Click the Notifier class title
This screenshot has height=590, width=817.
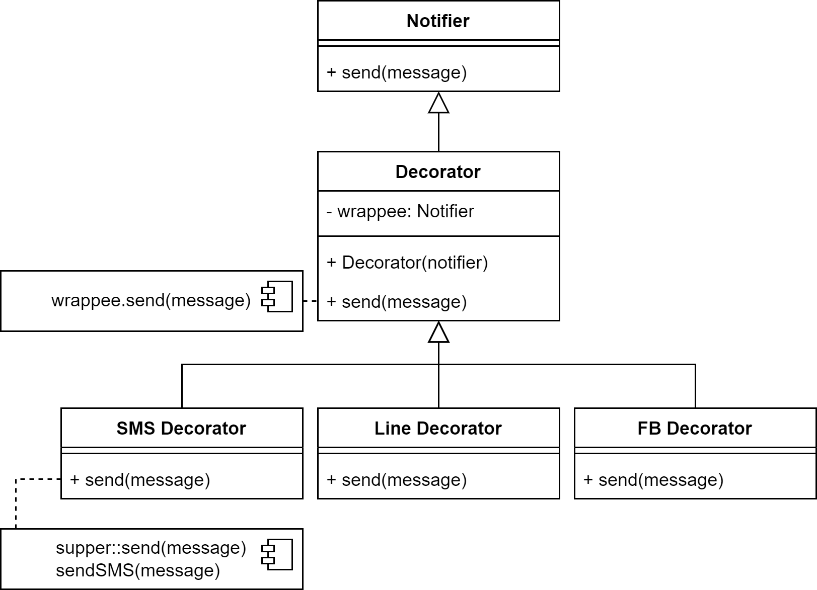(x=438, y=21)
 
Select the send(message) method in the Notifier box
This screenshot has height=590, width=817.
(x=397, y=72)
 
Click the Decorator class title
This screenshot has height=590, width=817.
(x=438, y=172)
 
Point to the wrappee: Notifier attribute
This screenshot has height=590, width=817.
(x=400, y=211)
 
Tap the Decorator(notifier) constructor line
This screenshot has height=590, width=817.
(x=407, y=263)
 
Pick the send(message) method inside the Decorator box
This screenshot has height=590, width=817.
(x=397, y=302)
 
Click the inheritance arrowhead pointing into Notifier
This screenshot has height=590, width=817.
(x=438, y=104)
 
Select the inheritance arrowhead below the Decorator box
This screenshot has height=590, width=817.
(x=438, y=333)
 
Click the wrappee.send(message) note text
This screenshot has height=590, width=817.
(x=151, y=300)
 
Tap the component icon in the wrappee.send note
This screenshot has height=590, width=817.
(x=277, y=297)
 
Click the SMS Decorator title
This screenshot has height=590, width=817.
(x=181, y=428)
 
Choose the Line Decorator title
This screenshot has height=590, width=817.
(x=438, y=428)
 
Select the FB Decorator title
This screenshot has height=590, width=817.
(x=695, y=428)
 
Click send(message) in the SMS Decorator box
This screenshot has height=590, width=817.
(x=140, y=480)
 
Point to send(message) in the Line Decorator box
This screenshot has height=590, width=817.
(x=397, y=480)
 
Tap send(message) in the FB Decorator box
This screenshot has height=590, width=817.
(x=653, y=480)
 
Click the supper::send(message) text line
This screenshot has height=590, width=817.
(x=151, y=548)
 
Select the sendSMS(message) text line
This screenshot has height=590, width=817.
(x=138, y=570)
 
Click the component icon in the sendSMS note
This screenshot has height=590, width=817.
(x=277, y=555)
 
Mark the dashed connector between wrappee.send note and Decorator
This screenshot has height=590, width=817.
(x=310, y=301)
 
